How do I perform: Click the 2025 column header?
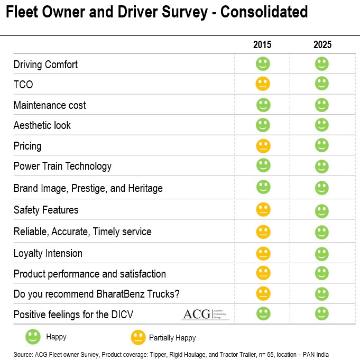322,45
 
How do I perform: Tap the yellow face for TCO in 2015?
263,84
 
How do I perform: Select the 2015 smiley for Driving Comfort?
263,64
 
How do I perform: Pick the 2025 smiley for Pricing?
322,145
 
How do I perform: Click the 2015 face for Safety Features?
263,210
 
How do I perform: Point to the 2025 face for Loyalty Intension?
322,253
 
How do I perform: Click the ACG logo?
206,314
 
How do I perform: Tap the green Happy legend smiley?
33,337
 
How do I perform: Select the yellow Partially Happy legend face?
138,337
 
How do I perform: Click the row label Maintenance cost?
50,105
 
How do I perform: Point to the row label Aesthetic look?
42,125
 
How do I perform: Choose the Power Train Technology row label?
62,166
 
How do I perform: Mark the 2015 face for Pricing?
263,145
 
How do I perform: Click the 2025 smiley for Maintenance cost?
322,105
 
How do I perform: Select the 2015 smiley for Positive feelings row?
263,313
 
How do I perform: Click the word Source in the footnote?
23,354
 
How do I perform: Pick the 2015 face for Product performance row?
263,273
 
